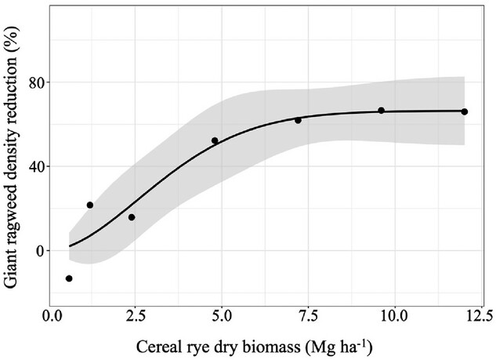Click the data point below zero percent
coord(69,278)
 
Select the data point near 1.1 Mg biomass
coord(90,205)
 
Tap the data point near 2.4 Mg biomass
coord(132,217)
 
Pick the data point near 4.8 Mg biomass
coord(215,140)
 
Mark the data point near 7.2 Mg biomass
coord(298,120)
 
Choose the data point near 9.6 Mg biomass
coord(382,111)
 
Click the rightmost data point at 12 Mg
coord(465,111)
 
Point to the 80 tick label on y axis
coord(35,82)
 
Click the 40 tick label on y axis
coord(35,166)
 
